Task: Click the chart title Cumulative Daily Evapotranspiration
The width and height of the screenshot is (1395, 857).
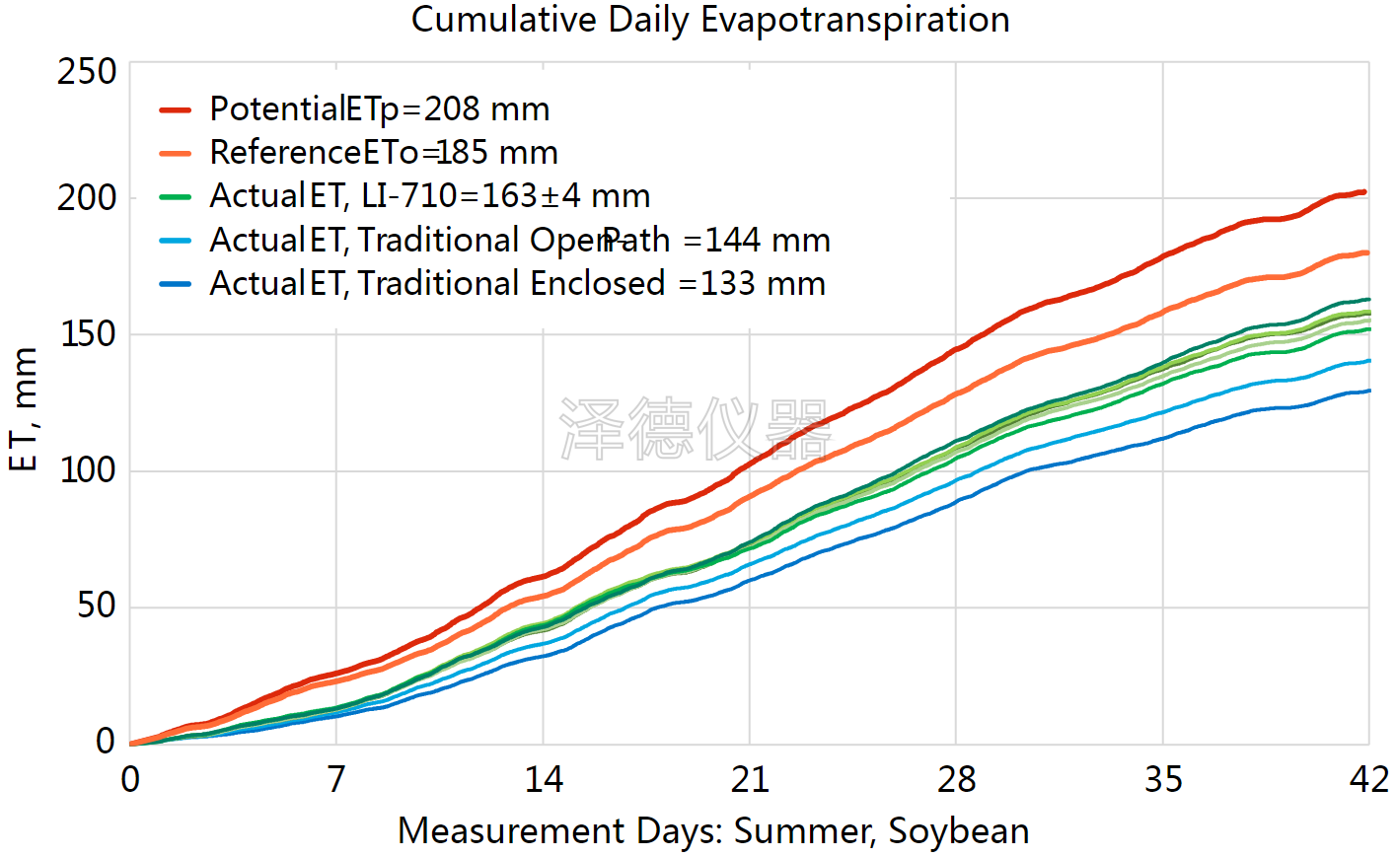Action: tap(710, 20)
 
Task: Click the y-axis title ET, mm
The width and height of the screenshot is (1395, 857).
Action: tap(24, 409)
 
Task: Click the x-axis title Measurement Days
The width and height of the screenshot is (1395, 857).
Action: tap(712, 831)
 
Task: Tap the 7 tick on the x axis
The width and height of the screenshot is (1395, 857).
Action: tap(336, 780)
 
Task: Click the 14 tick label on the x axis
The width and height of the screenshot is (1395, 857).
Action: tap(543, 780)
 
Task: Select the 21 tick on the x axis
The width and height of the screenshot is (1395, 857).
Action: tap(750, 780)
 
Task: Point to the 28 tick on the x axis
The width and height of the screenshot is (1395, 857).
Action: tap(956, 780)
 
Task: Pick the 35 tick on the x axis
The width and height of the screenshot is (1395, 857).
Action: tap(1163, 780)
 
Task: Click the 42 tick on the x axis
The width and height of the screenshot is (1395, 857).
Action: tap(1368, 780)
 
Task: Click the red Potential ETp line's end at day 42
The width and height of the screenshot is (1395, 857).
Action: tap(1364, 192)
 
